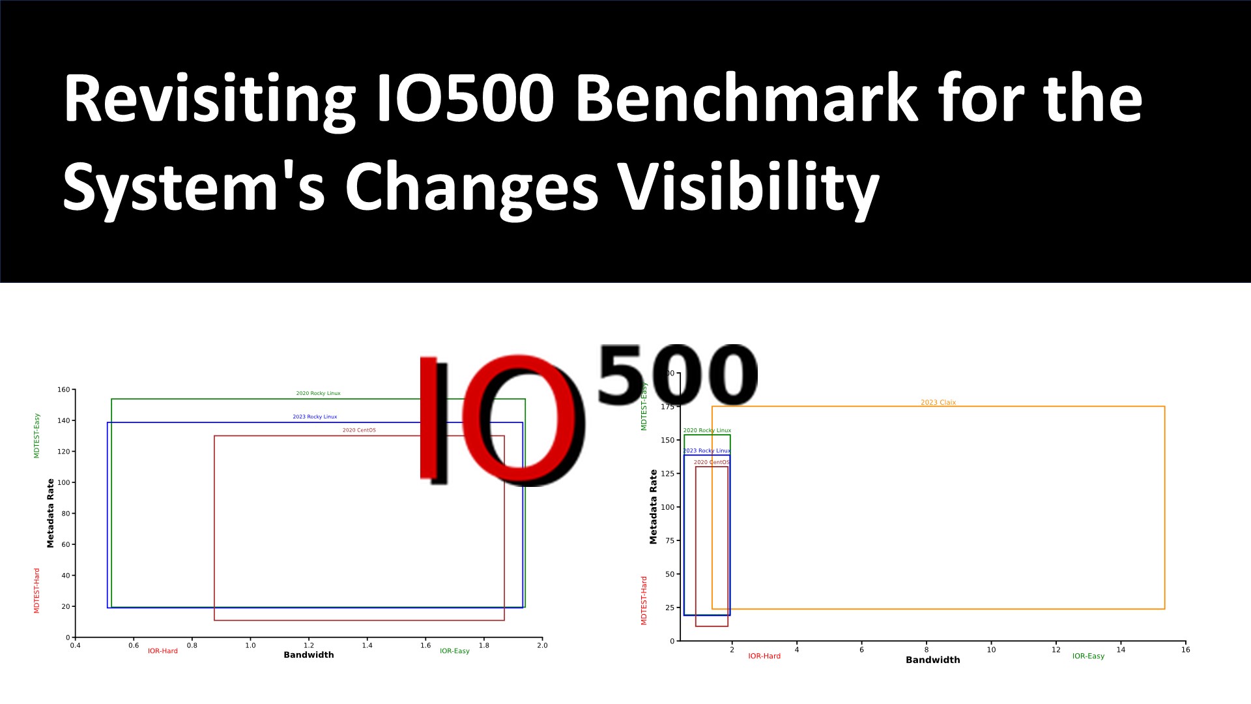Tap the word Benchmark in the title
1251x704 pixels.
tap(747, 99)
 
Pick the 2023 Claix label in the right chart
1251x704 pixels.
tap(938, 402)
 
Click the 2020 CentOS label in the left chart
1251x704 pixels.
tap(359, 430)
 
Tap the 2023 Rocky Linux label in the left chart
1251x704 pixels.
tap(315, 417)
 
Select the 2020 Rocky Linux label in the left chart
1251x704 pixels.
tap(318, 393)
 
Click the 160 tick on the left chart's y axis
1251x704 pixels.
tap(63, 390)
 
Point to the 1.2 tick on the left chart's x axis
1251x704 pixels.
tap(309, 645)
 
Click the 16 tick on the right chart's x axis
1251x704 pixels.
tap(1185, 649)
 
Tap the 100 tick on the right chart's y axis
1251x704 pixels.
tap(667, 507)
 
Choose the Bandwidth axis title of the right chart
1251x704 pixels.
tap(932, 660)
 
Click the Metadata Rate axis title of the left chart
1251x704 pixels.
tap(50, 513)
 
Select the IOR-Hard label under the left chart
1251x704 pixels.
tap(162, 651)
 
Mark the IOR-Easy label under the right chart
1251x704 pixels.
tap(1088, 656)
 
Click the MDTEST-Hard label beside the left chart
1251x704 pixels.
tap(36, 591)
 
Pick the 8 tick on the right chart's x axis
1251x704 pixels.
tap(926, 649)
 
